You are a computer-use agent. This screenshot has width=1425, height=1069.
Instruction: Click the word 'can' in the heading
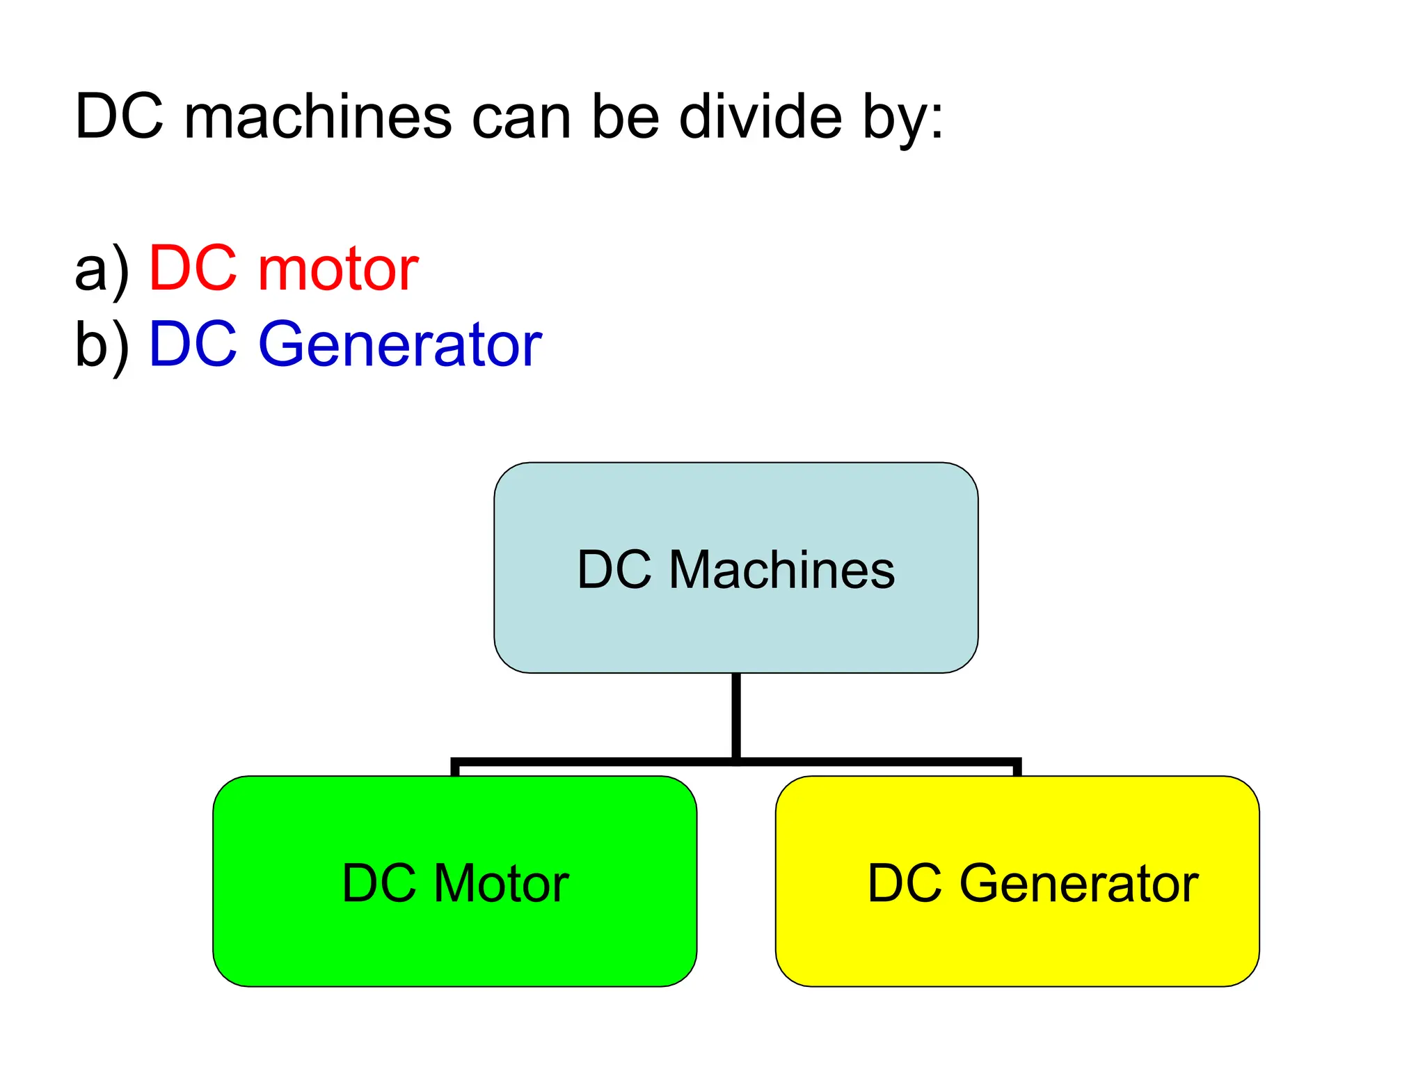[521, 118]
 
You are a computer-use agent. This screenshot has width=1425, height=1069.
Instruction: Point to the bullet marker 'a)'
[102, 271]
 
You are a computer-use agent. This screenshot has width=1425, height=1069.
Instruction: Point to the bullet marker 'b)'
[102, 345]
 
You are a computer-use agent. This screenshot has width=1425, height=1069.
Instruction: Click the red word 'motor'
[338, 269]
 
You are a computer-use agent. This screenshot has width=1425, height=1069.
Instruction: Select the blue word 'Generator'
[400, 344]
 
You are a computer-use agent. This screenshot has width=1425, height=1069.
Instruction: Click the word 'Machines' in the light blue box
[781, 570]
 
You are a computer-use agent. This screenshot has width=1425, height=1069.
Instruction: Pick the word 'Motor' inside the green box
[501, 883]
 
